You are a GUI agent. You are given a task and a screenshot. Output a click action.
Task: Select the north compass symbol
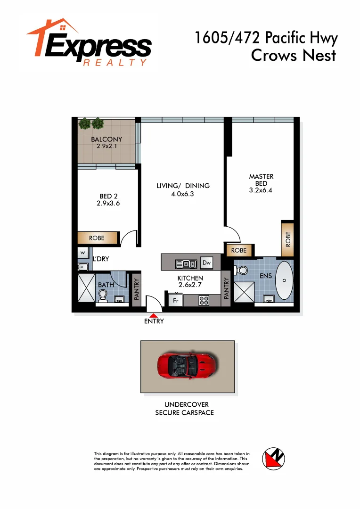pyautogui.click(x=275, y=459)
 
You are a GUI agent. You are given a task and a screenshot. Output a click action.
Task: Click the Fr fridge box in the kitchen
pyautogui.click(x=175, y=300)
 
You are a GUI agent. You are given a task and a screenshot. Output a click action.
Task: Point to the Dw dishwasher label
pyautogui.click(x=206, y=263)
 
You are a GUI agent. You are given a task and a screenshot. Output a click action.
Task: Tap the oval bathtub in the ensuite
pyautogui.click(x=284, y=280)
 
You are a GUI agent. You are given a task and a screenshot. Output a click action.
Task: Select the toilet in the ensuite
pyautogui.click(x=242, y=270)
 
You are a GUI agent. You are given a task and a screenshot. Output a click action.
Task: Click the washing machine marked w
pyautogui.click(x=83, y=252)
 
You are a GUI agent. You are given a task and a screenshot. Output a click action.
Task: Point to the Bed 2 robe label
pyautogui.click(x=97, y=238)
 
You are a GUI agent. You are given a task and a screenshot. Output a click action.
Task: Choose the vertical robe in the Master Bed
pyautogui.click(x=287, y=240)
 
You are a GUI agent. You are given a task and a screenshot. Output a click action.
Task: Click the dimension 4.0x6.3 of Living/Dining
pyautogui.click(x=183, y=193)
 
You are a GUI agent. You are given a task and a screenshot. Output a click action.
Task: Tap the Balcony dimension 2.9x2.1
pyautogui.click(x=106, y=146)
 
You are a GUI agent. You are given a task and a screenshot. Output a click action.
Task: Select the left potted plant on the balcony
pyautogui.click(x=84, y=123)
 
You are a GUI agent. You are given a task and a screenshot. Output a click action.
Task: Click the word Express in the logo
pyautogui.click(x=99, y=47)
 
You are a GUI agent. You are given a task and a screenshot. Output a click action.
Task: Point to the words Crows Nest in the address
pyautogui.click(x=294, y=55)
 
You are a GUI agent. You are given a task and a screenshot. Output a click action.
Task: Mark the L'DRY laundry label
pyautogui.click(x=100, y=259)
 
